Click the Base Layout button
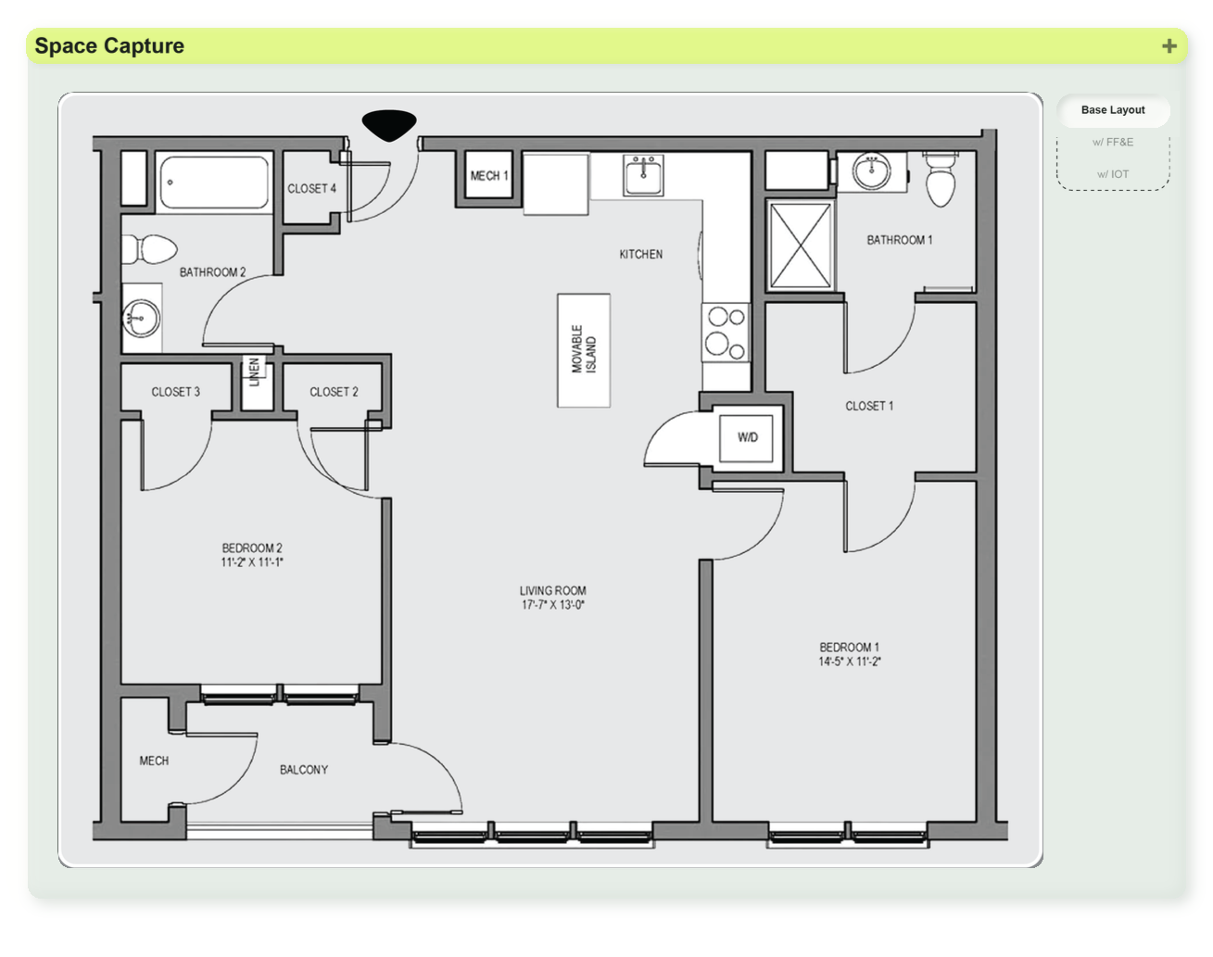[x=1112, y=110]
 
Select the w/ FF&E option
[x=1112, y=142]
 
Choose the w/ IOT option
[x=1112, y=174]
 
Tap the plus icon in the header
[x=1169, y=45]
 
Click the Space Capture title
[x=109, y=45]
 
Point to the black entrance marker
[x=389, y=125]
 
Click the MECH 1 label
[x=488, y=176]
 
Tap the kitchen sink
[x=643, y=175]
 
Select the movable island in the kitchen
[x=584, y=350]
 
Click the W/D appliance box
[x=746, y=437]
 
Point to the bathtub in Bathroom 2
[x=214, y=183]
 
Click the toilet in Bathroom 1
[x=941, y=179]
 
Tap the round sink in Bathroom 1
[x=871, y=170]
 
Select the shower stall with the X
[x=800, y=246]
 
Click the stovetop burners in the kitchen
[x=726, y=333]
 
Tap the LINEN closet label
[x=254, y=372]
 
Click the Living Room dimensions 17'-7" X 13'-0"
[x=553, y=605]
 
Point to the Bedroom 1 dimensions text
[x=850, y=661]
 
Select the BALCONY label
[x=304, y=769]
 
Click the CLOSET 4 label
[x=311, y=188]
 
